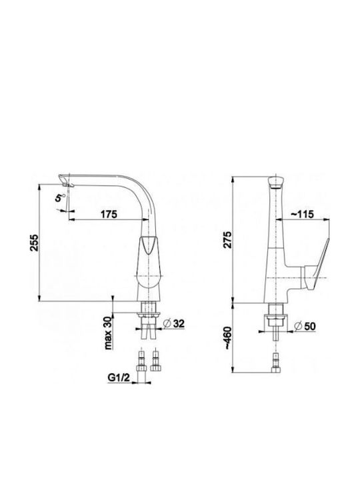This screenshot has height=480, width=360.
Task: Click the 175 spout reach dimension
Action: [x=109, y=214]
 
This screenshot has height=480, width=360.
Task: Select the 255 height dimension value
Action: [x=34, y=243]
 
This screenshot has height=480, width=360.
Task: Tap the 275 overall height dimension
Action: [x=227, y=240]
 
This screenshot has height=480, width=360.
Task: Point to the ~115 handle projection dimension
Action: [x=302, y=214]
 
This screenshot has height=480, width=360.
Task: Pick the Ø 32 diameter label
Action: [x=174, y=323]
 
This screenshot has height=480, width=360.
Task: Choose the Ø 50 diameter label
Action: [x=305, y=326]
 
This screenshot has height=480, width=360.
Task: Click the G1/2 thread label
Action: [x=119, y=378]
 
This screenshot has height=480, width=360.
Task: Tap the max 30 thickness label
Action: [x=108, y=333]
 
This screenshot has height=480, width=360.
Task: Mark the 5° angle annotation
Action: [x=60, y=197]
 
